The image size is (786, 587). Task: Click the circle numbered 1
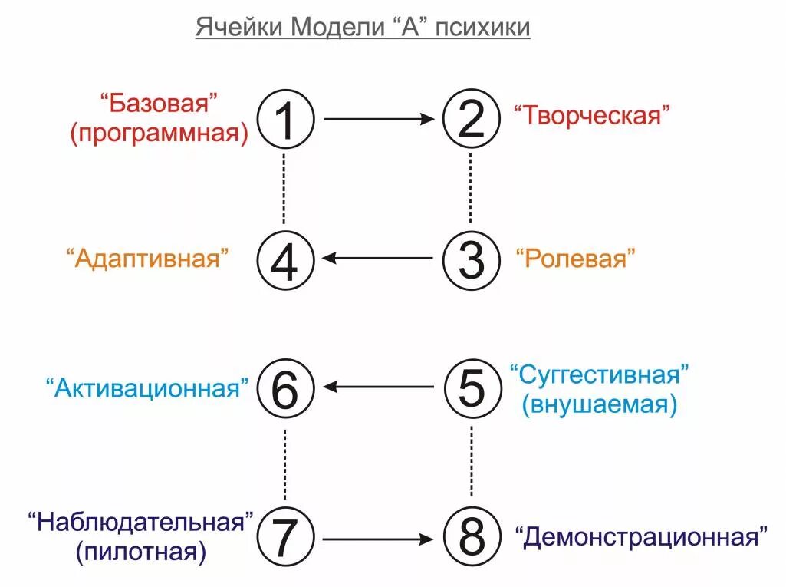tap(284, 120)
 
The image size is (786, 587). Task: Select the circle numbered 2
tap(471, 120)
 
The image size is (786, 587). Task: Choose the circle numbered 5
tap(471, 387)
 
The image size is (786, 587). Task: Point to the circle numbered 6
tap(284, 387)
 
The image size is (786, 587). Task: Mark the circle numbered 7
tap(284, 537)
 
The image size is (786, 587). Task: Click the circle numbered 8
tap(471, 537)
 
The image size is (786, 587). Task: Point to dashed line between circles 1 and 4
tap(284, 189)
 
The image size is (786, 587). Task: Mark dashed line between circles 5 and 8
tap(471, 463)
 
